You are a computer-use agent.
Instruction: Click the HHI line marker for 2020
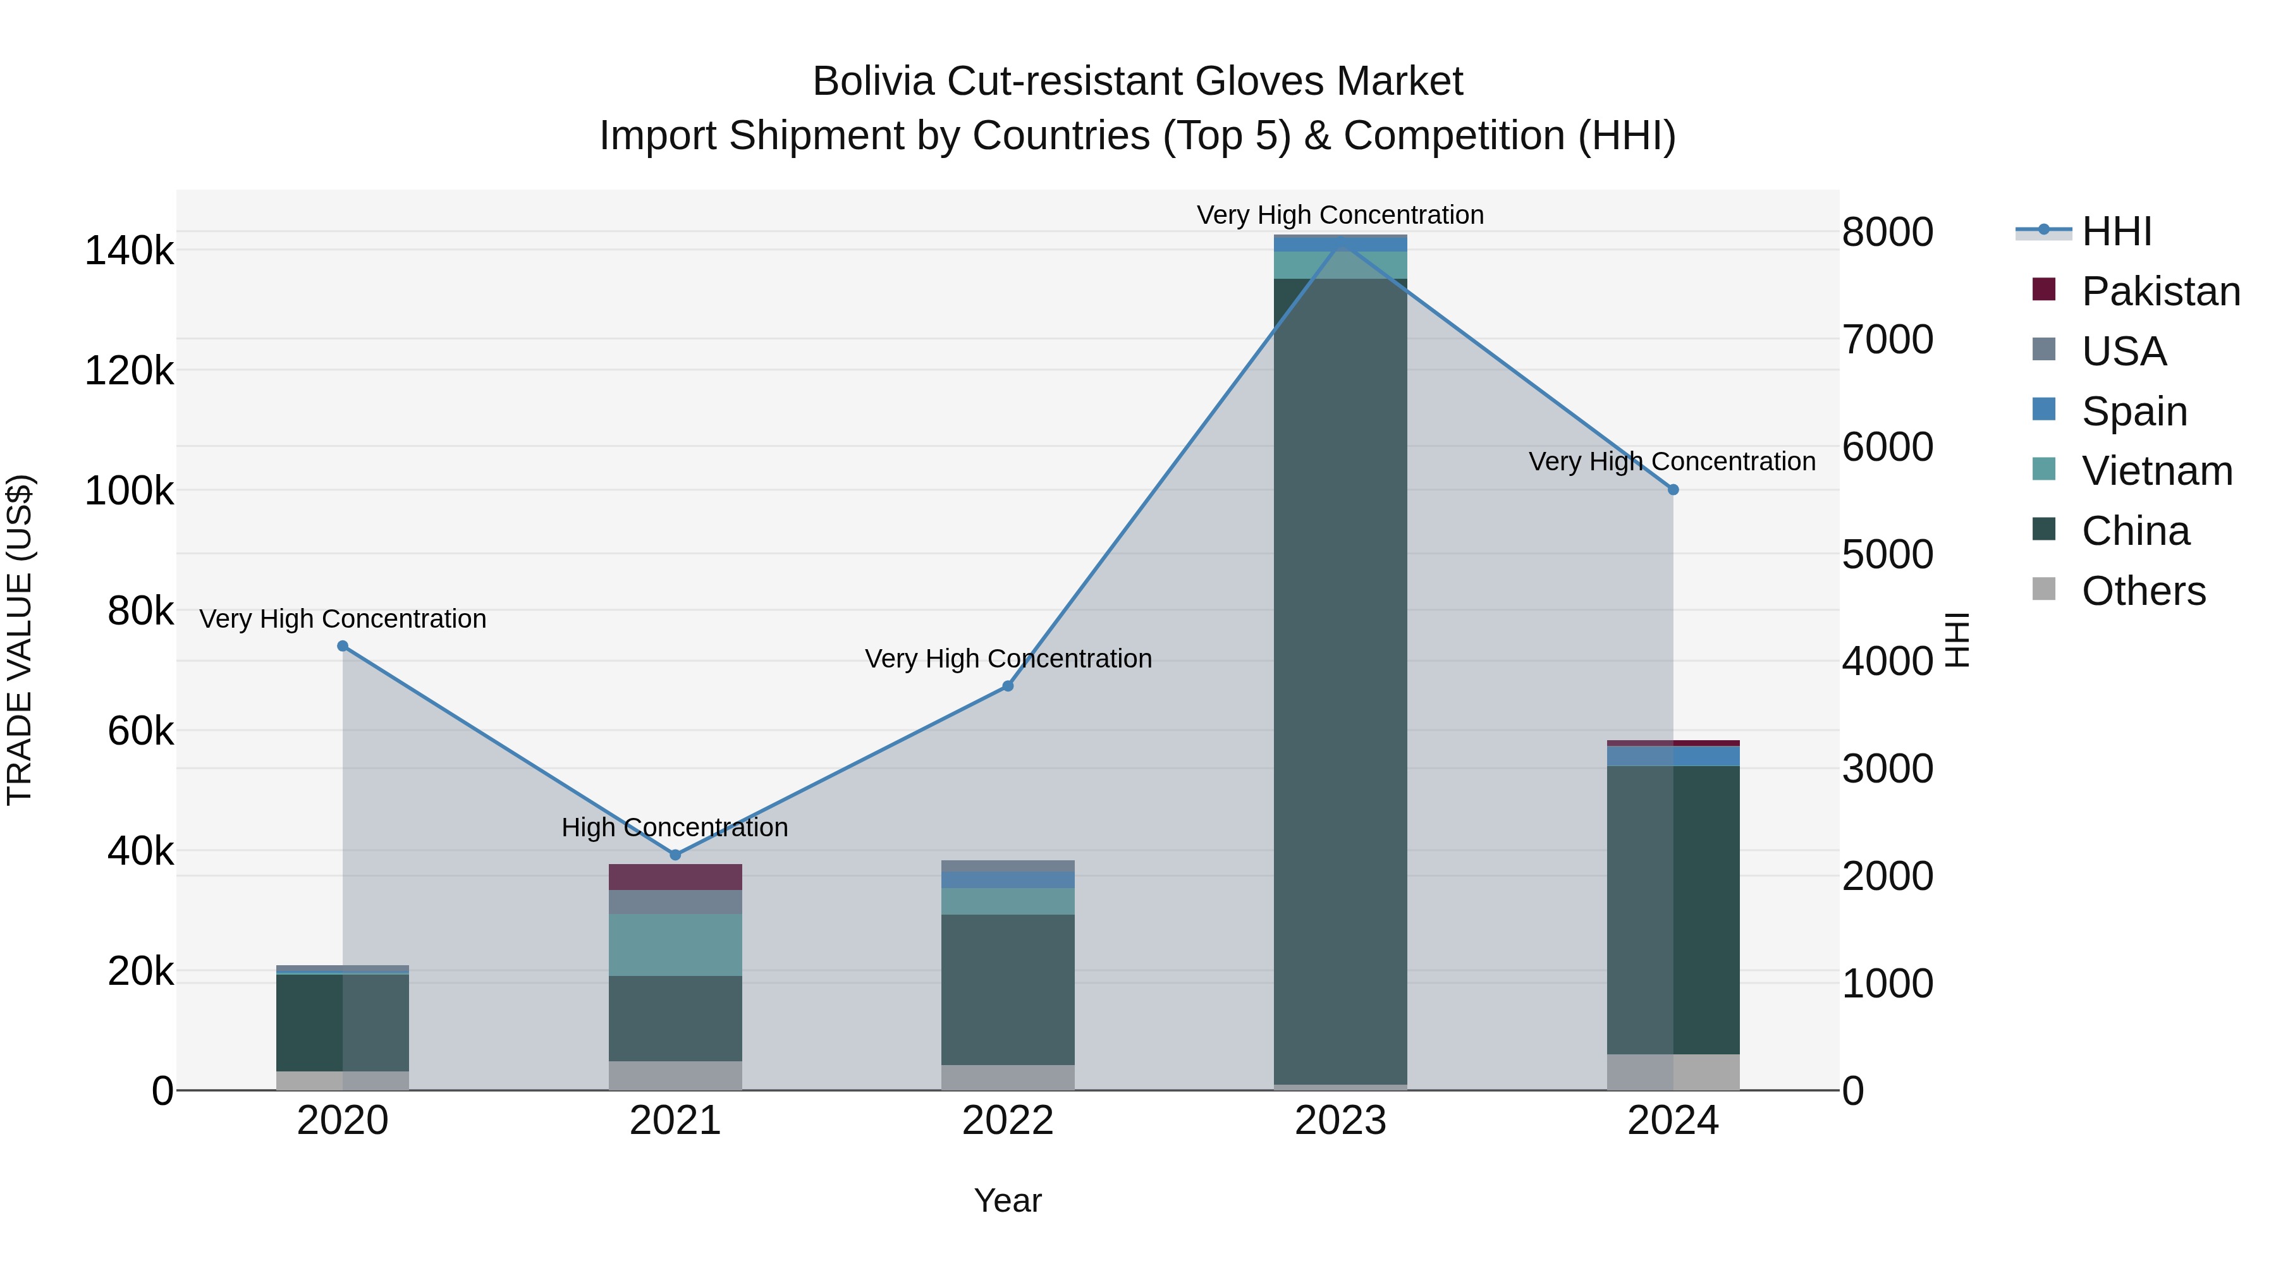pos(343,646)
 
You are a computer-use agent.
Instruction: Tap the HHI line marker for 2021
pos(675,854)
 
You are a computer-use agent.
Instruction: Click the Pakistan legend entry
pos(2160,291)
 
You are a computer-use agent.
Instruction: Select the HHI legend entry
pos(2116,231)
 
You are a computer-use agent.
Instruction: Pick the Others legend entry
pos(2143,591)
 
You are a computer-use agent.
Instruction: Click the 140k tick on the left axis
pos(129,251)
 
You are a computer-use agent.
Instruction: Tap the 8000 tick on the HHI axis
pos(1888,233)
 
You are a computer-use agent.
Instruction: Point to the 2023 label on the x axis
pos(1340,1121)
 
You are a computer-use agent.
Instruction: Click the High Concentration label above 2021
pos(675,827)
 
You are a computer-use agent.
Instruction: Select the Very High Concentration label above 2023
pos(1340,215)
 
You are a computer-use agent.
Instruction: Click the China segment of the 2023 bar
pos(1340,680)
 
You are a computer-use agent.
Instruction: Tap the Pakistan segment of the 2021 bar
pos(675,877)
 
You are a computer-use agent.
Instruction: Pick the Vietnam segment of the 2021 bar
pos(675,944)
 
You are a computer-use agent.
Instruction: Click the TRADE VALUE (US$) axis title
pos(20,640)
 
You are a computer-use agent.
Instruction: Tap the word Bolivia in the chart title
pos(873,82)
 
